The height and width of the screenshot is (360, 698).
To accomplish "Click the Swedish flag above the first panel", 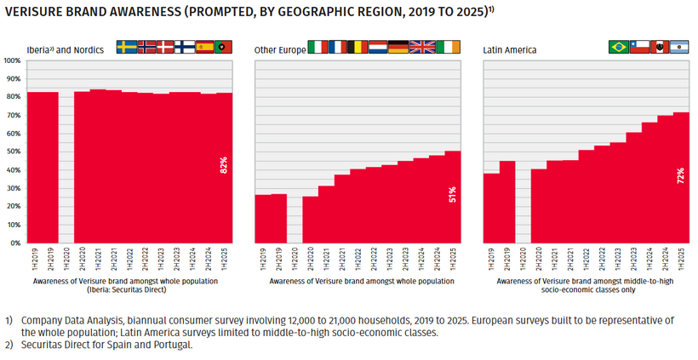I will pos(126,48).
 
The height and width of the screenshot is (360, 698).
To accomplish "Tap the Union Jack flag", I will pos(421,48).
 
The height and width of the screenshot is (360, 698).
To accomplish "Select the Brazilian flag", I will pos(618,48).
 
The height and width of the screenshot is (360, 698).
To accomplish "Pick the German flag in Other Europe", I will pos(398,48).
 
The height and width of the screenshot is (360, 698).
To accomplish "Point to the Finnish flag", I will pos(185,48).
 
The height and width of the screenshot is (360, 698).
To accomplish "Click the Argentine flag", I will pos(678,48).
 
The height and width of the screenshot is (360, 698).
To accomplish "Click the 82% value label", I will pos(224,165).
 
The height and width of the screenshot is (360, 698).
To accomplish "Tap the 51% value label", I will pos(452,196).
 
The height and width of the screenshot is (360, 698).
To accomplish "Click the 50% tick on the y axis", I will pos(13,152).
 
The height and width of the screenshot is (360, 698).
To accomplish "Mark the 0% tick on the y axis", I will pos(14,243).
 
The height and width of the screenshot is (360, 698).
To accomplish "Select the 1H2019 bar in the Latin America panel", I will pos(491,208).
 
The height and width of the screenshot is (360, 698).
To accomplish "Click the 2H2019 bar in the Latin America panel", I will pos(507,202).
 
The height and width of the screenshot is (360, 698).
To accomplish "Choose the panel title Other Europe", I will pos(279,50).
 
